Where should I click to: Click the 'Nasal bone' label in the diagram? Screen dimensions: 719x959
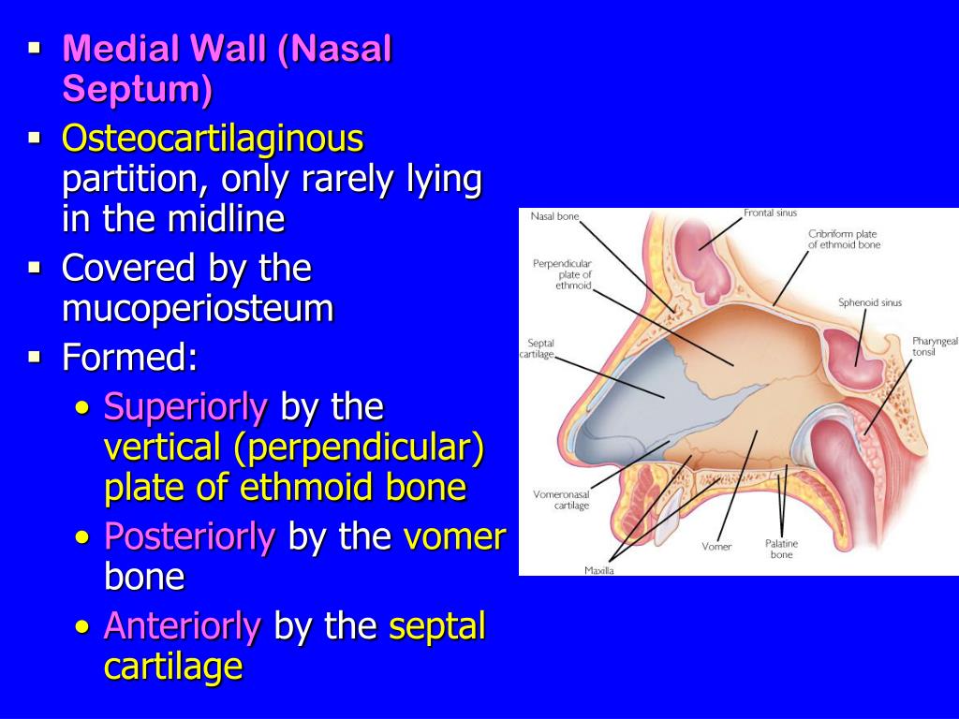(554, 216)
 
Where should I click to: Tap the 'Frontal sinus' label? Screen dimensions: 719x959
(770, 213)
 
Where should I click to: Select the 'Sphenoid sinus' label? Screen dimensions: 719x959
(870, 302)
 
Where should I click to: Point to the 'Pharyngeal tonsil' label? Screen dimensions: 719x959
(935, 347)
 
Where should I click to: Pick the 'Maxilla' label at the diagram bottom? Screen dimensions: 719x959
(599, 570)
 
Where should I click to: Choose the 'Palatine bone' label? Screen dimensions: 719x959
(781, 549)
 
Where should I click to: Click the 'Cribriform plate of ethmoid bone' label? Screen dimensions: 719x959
(844, 239)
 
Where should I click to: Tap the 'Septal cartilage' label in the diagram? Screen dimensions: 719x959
(540, 348)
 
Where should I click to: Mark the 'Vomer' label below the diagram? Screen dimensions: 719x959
(716, 546)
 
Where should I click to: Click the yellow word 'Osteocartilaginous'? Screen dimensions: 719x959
(213, 139)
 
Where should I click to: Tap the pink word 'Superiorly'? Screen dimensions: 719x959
(185, 407)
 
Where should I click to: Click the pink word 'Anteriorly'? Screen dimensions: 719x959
(182, 626)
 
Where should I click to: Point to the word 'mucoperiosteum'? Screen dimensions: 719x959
(198, 309)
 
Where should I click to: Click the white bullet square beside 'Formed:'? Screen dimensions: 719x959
(36, 356)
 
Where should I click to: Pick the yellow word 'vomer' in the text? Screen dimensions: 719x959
(455, 536)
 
